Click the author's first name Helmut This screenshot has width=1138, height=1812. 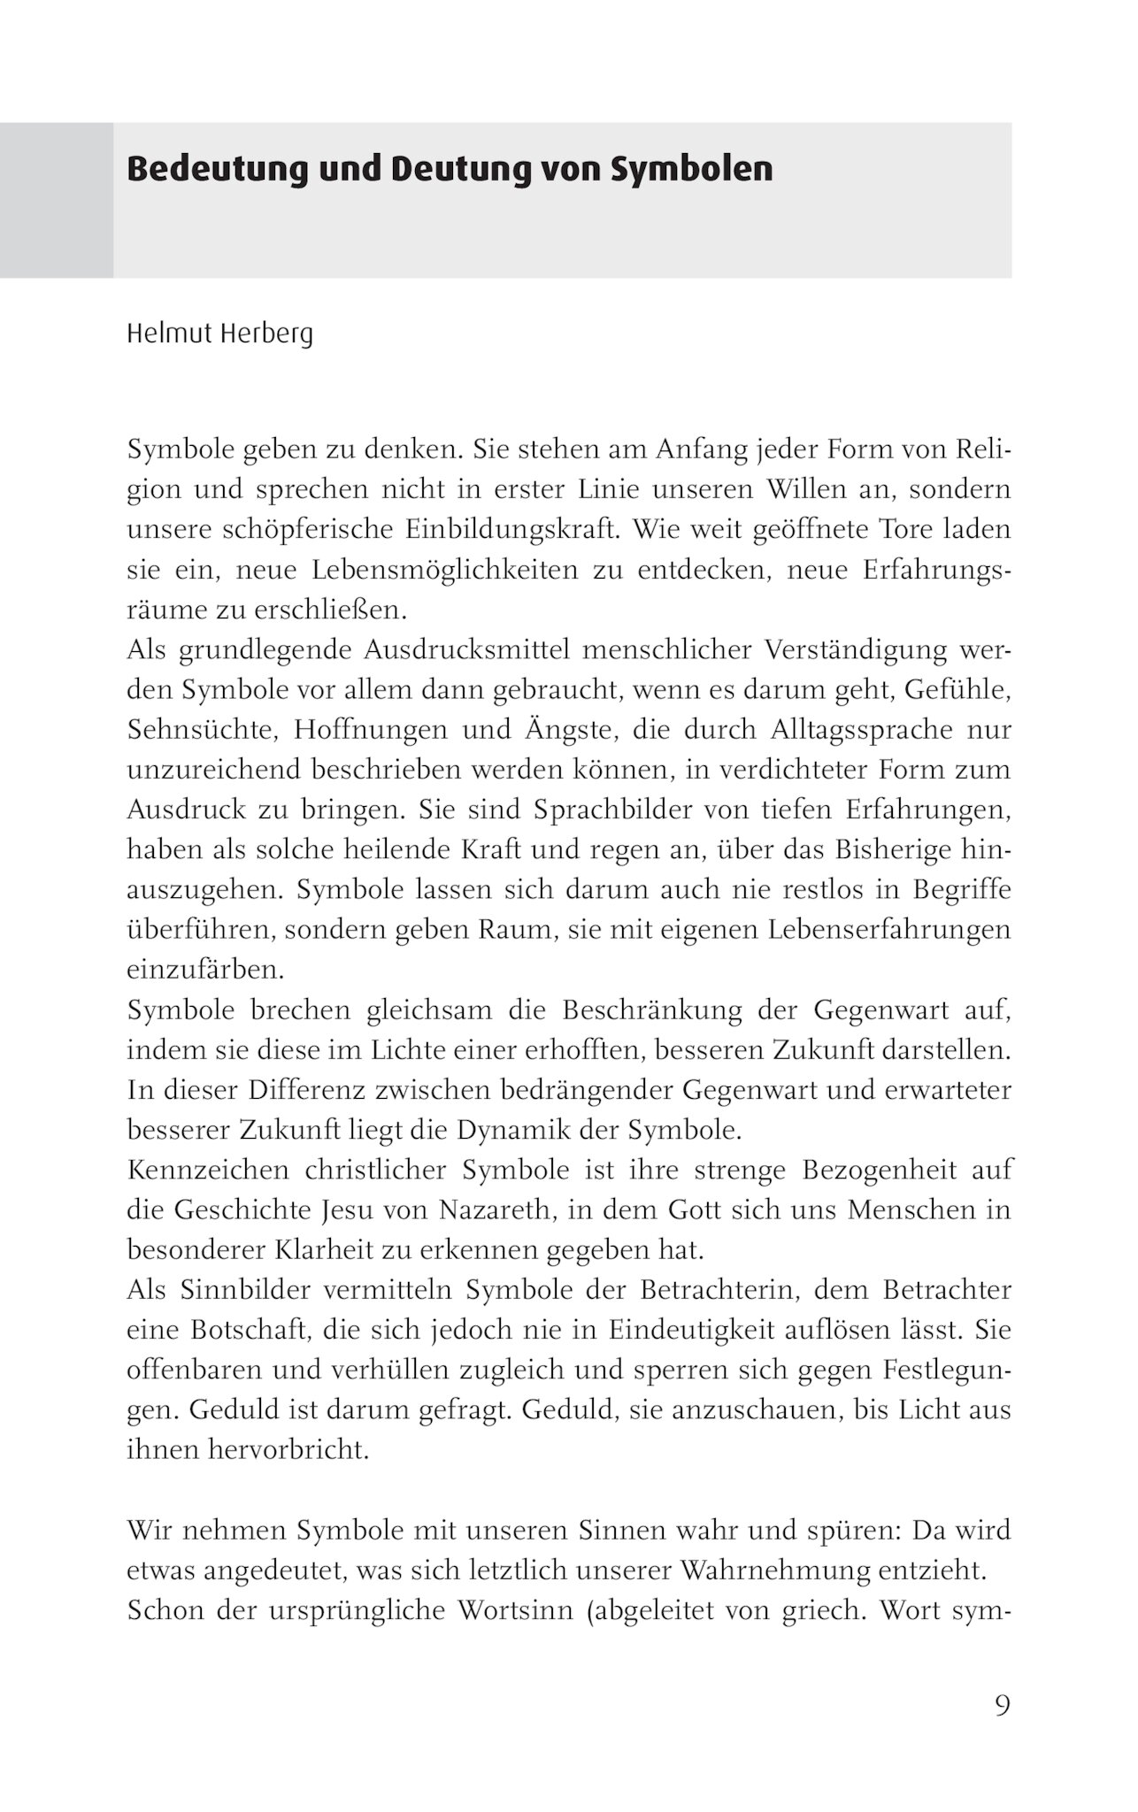click(x=165, y=334)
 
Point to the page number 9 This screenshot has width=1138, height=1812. click(x=1002, y=1705)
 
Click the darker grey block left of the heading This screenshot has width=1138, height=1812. click(x=57, y=200)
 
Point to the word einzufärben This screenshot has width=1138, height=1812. click(x=205, y=970)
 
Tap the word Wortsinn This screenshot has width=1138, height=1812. click(x=512, y=1609)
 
